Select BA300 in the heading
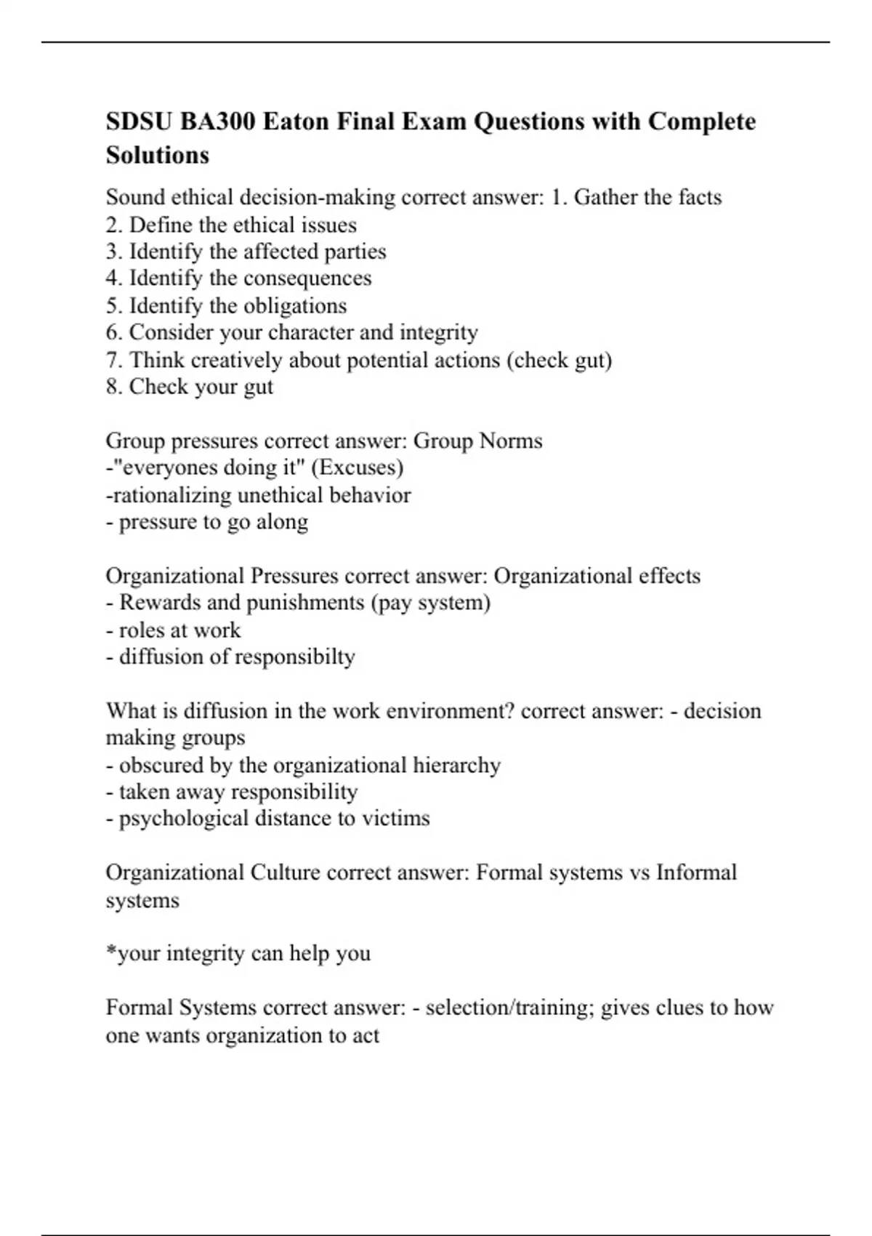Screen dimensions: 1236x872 click(x=217, y=121)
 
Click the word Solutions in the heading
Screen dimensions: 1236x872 click(x=158, y=155)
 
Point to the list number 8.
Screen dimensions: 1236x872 click(x=113, y=387)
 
